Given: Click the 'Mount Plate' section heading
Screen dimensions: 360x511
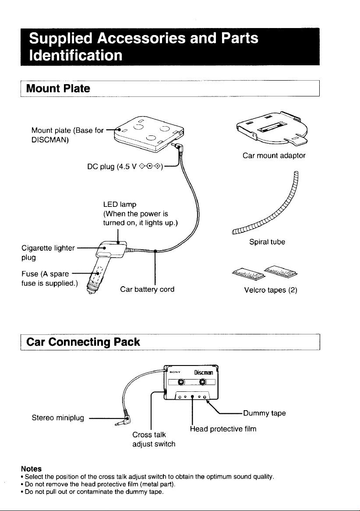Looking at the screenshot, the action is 58,89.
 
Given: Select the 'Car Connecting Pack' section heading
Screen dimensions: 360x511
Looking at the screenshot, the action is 83,342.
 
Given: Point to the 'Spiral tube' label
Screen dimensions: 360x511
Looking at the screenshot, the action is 267,242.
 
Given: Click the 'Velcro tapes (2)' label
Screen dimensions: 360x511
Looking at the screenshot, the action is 271,290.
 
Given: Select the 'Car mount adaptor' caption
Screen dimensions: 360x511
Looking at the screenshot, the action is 274,156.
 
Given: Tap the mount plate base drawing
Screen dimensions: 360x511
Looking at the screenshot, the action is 147,134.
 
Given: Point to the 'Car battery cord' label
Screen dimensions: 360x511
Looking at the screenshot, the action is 147,289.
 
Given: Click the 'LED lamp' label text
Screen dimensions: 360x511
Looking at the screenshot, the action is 120,204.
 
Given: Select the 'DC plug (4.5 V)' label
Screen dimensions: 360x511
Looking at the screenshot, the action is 125,167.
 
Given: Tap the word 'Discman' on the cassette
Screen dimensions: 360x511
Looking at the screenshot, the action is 204,373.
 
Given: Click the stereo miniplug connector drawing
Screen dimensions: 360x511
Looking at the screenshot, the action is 123,420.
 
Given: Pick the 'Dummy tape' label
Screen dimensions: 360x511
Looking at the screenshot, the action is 265,413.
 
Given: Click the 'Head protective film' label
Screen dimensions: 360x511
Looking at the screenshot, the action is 223,429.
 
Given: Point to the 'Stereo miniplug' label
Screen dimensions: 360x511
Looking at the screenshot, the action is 58,418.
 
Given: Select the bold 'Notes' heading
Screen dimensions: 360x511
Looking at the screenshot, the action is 31,468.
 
